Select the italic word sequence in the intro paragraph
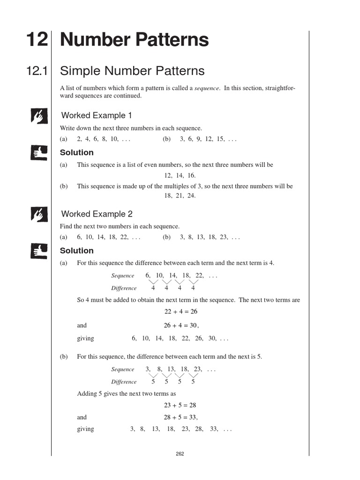click(207, 89)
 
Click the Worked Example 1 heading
click(97, 115)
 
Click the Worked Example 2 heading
click(97, 214)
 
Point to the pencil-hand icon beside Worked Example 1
click(37, 115)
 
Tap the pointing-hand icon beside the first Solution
click(37, 152)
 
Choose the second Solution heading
click(77, 251)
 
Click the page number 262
click(180, 454)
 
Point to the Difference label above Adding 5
click(124, 382)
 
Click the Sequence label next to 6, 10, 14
click(122, 276)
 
